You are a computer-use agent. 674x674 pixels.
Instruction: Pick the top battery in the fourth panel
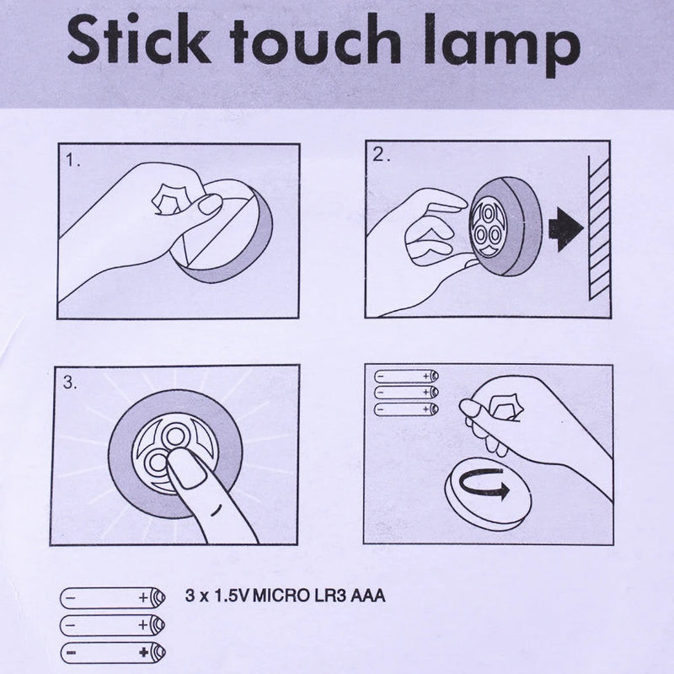coord(405,376)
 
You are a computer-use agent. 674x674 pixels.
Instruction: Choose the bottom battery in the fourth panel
coord(405,409)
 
